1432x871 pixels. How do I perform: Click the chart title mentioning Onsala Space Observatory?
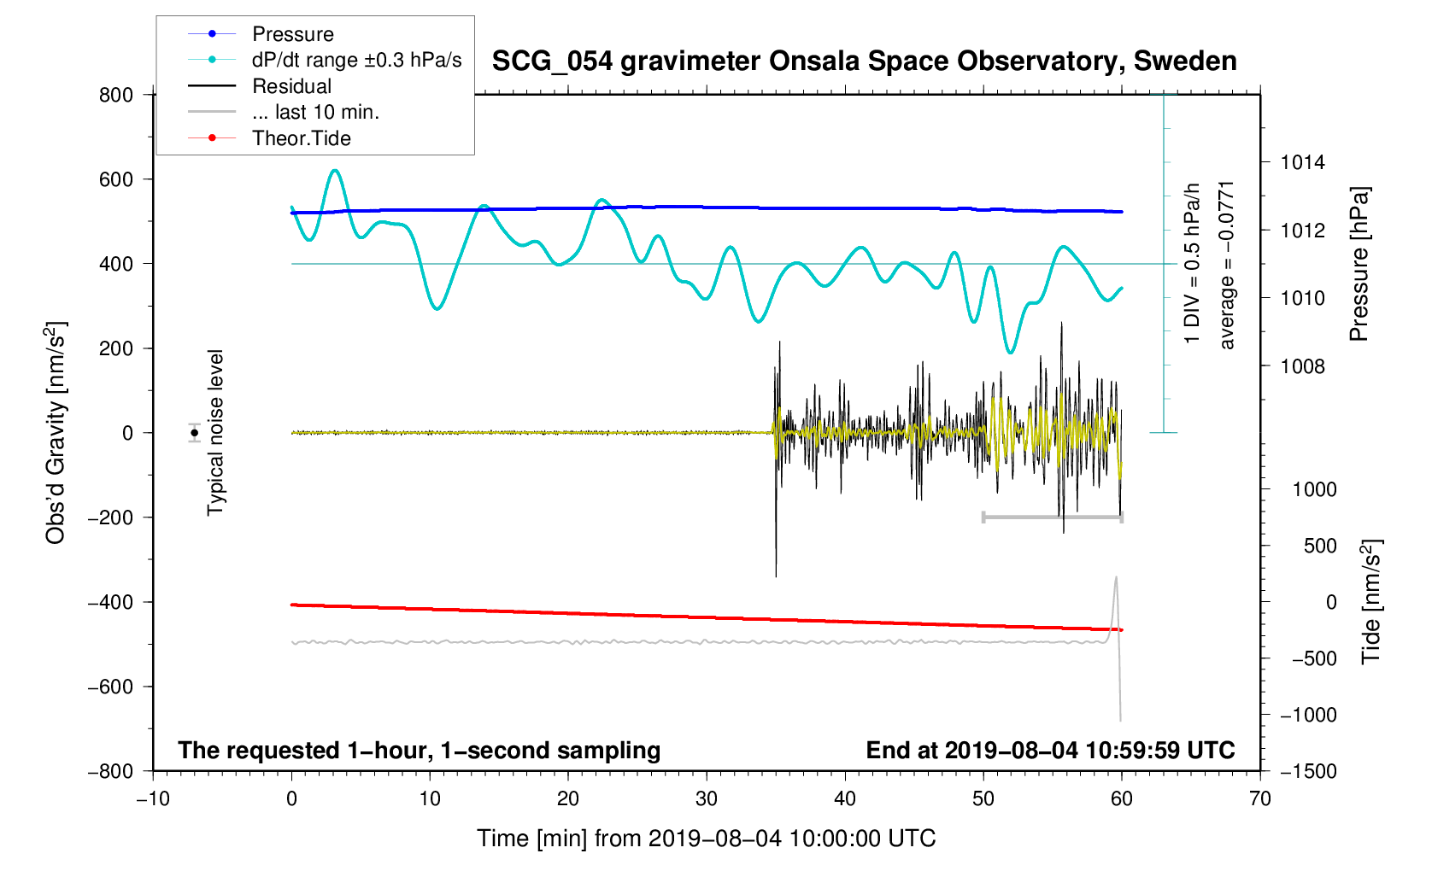tap(864, 61)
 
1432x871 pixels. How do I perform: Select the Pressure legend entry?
tap(292, 34)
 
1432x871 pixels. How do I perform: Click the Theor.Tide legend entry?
tap(301, 138)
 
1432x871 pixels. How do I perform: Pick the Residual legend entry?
tap(291, 86)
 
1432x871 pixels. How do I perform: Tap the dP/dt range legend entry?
tap(356, 60)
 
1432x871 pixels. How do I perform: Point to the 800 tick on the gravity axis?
tap(116, 95)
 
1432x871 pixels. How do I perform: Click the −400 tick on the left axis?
tap(110, 602)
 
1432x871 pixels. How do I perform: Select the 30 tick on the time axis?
tap(707, 798)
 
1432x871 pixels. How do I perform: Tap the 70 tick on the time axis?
tap(1260, 798)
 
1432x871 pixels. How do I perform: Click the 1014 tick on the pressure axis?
tap(1302, 162)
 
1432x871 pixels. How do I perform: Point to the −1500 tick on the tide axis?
tap(1307, 771)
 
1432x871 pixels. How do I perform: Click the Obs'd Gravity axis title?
tap(56, 433)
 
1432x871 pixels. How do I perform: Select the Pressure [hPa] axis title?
tap(1359, 264)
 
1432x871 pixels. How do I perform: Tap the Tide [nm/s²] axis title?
tap(1370, 601)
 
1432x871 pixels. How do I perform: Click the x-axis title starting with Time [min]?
tap(706, 838)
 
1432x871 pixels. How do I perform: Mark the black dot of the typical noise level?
tap(195, 433)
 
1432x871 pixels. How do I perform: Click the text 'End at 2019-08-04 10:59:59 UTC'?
tap(1050, 750)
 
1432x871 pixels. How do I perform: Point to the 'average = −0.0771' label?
tap(1227, 265)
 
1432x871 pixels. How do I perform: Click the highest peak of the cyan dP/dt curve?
tap(335, 171)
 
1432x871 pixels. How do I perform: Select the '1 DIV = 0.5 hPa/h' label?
tap(1192, 263)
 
